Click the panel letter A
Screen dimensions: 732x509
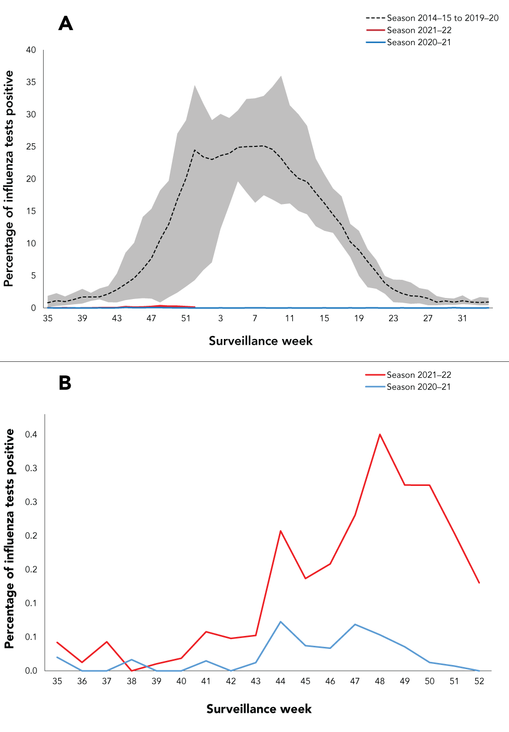click(x=65, y=23)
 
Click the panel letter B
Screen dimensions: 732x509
click(x=65, y=383)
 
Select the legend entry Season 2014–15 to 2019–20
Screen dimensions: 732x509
click(x=442, y=18)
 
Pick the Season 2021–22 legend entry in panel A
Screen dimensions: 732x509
click(x=419, y=30)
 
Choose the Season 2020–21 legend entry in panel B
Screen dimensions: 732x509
click(x=418, y=387)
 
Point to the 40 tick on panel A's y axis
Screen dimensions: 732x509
click(x=31, y=50)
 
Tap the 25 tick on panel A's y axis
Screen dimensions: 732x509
click(x=31, y=146)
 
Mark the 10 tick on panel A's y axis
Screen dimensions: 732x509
click(x=31, y=243)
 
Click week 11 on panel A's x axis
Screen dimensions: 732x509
click(x=289, y=318)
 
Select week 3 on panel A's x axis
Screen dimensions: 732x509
click(x=220, y=318)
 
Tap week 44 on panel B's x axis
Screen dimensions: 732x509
click(x=280, y=681)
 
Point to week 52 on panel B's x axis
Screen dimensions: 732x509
click(x=479, y=681)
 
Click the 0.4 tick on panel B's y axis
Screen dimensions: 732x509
click(x=31, y=435)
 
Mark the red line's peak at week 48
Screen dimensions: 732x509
click(x=380, y=435)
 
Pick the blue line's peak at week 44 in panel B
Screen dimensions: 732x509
click(x=280, y=621)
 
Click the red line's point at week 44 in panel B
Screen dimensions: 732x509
click(x=280, y=531)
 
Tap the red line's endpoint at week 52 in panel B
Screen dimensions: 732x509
click(x=479, y=582)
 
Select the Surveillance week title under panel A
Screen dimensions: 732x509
click(x=260, y=341)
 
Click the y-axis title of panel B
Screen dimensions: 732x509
click(x=9, y=538)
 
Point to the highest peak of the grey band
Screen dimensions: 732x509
click(x=281, y=76)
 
